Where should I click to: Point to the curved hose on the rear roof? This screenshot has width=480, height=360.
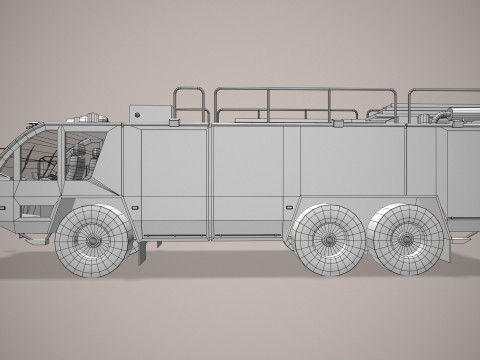tap(440, 116)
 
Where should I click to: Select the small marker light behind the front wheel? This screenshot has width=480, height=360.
tap(139, 214)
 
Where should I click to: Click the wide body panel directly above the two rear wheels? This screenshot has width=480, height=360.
tap(370, 165)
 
